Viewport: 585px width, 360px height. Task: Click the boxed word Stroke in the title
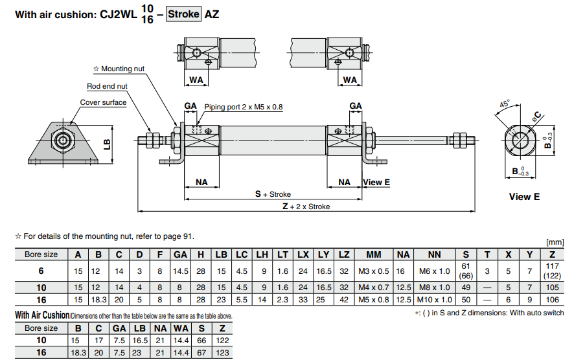pos(184,14)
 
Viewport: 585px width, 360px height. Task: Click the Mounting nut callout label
pos(122,69)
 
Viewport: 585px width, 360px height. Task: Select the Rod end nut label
pos(107,86)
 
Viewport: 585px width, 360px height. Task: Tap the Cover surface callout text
pos(103,102)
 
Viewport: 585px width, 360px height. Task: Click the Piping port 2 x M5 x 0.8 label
pos(244,107)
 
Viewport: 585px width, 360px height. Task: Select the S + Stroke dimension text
pos(273,194)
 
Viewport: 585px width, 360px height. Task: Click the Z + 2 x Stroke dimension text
pos(306,207)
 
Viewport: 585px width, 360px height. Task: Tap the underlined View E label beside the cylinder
pos(376,183)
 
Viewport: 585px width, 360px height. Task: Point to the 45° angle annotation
pos(505,104)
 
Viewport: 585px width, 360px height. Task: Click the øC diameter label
pos(538,117)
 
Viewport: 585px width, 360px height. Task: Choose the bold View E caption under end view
pos(524,197)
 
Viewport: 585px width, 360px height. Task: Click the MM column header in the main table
pos(374,254)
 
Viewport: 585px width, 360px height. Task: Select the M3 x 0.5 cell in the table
pos(374,271)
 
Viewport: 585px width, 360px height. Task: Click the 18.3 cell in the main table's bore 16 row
pos(97,300)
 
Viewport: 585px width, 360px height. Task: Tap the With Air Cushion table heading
pos(41,315)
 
